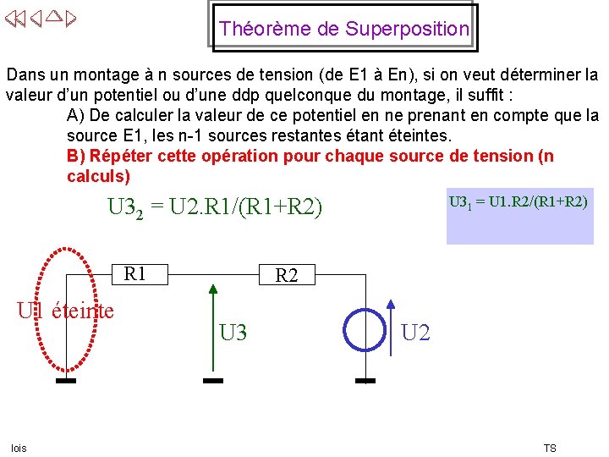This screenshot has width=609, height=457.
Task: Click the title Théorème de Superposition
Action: point(343,29)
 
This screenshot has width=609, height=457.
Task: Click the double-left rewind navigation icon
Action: point(14,19)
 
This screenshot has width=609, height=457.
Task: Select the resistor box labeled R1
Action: point(136,273)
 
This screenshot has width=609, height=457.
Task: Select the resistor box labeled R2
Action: point(287,275)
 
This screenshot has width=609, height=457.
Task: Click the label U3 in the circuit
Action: point(233,333)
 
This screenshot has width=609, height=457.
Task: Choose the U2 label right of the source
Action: point(415,333)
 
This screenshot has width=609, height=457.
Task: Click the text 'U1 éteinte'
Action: point(66,311)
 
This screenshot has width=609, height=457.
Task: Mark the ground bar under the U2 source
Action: point(365,381)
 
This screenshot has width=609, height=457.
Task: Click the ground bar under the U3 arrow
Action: point(213,381)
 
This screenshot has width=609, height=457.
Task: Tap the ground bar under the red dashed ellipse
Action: point(66,381)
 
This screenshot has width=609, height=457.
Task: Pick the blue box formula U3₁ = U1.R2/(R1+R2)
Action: point(518,202)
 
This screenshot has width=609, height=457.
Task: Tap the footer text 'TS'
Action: point(549,448)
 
